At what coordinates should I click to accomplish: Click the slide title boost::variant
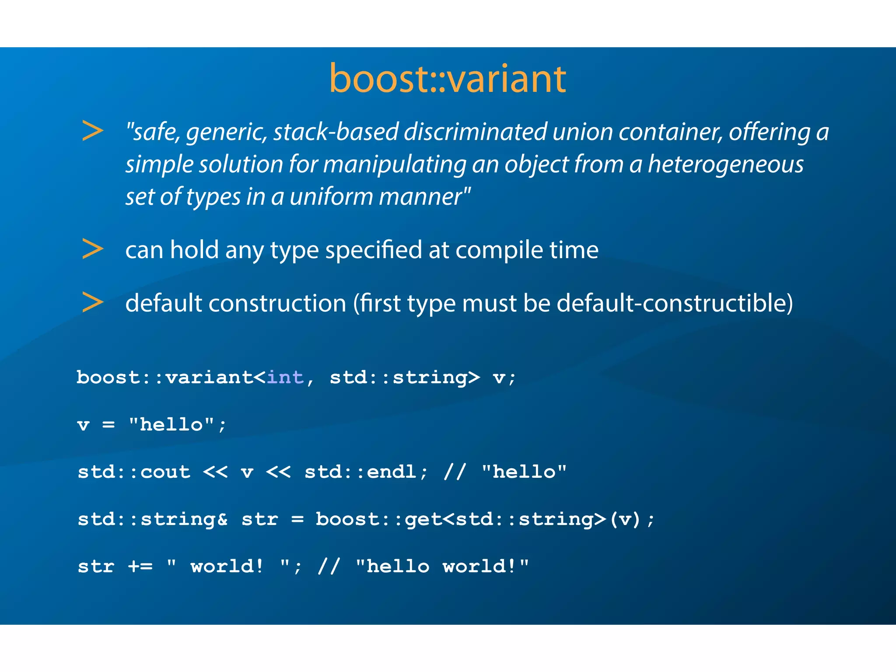447,79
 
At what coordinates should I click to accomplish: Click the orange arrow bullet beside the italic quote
92,131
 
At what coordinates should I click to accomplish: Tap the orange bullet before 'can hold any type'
92,249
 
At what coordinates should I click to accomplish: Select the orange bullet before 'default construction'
92,302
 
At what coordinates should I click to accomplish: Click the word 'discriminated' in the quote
475,132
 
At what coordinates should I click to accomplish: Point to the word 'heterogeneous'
725,165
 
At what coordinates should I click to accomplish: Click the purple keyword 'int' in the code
285,378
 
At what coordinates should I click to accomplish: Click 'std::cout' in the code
134,472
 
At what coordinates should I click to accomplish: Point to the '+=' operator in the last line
140,567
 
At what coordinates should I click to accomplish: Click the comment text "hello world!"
442,567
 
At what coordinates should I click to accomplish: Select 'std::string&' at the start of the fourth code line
153,520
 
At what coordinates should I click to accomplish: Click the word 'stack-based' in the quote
336,132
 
